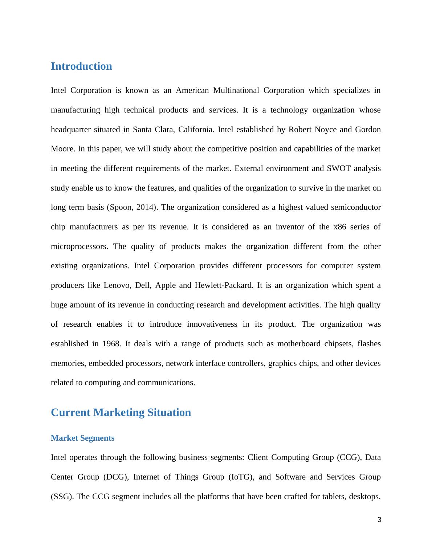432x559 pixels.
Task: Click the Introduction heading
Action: coord(81,66)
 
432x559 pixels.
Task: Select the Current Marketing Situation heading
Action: coord(121,413)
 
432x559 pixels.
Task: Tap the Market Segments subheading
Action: coord(82,438)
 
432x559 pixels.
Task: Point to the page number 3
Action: coord(379,520)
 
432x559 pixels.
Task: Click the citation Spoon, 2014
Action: coord(133,208)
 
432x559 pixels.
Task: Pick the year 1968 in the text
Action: coord(111,344)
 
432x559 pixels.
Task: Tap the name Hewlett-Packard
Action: coord(224,285)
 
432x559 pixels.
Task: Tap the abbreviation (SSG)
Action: coord(62,497)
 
